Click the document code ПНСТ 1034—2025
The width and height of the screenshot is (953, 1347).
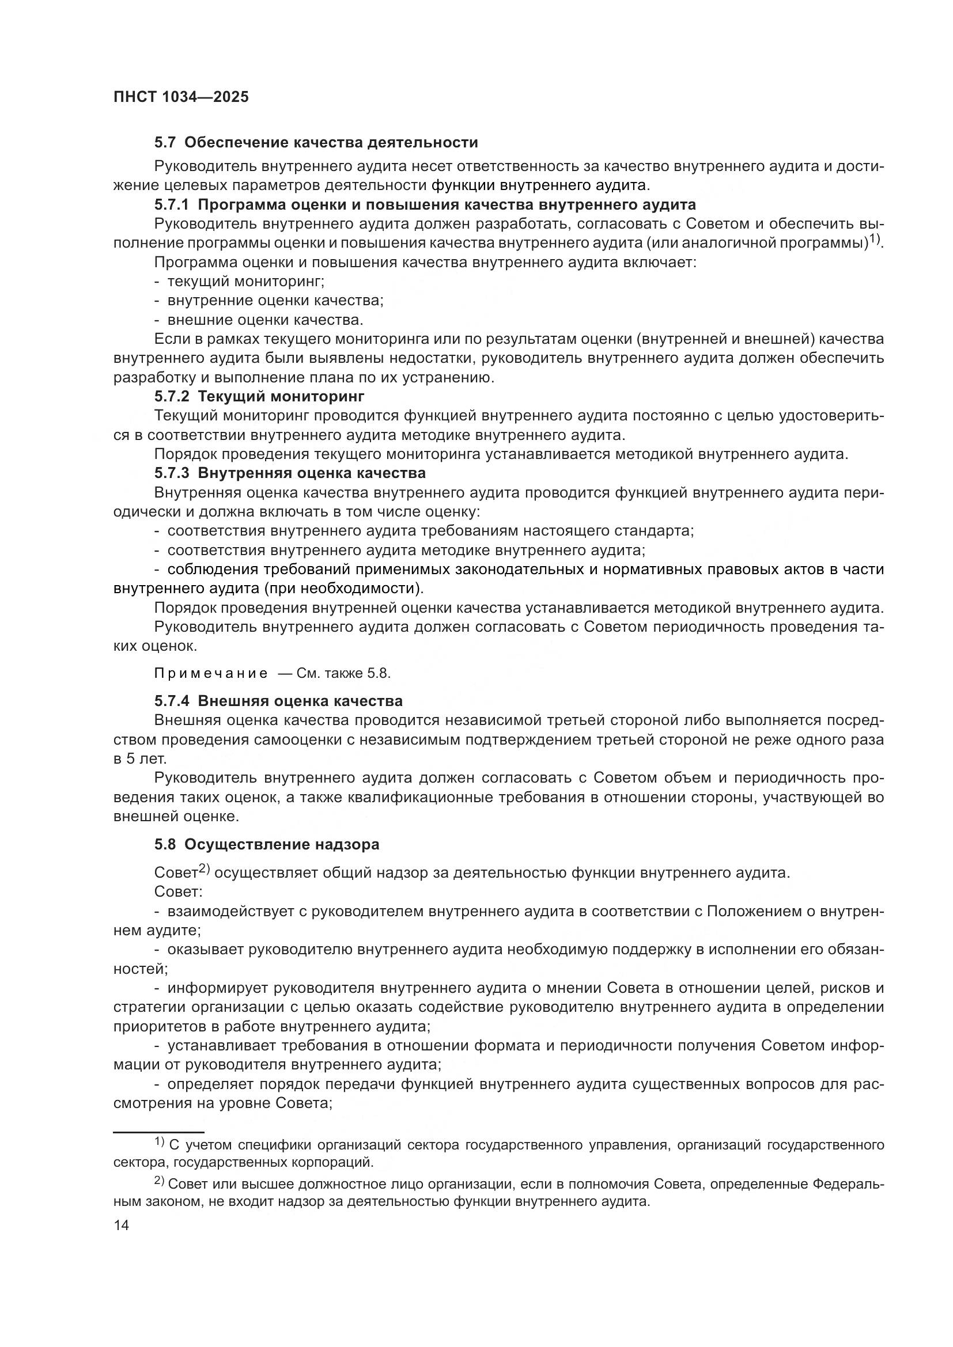(x=181, y=97)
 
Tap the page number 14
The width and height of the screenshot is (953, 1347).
(x=121, y=1225)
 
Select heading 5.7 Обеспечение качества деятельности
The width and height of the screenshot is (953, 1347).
(x=316, y=143)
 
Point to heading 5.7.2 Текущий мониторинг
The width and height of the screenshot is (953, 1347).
(x=259, y=396)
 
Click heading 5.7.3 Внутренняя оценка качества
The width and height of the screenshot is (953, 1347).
(x=290, y=472)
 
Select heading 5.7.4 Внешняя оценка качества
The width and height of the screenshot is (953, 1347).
(x=278, y=701)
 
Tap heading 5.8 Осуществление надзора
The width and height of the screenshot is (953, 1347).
(x=266, y=844)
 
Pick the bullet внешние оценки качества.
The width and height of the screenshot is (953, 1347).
(x=264, y=320)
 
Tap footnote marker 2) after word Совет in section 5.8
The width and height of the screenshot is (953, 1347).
(x=203, y=869)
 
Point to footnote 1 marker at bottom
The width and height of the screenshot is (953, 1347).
(x=159, y=1141)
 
